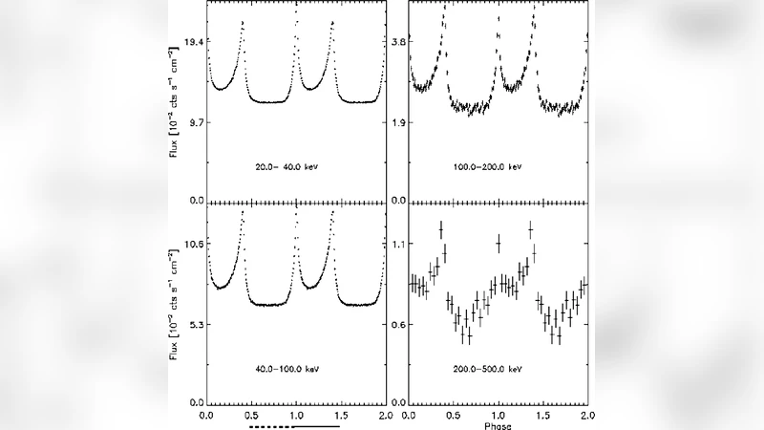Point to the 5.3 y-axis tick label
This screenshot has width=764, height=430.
(x=194, y=325)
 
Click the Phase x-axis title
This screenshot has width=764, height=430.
(x=498, y=425)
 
